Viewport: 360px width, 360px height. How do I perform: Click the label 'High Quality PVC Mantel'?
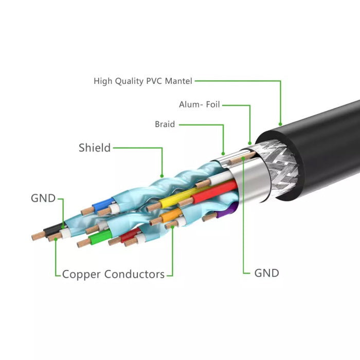click(143, 81)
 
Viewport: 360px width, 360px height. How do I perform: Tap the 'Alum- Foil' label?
click(199, 105)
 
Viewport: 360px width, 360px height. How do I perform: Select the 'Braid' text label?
click(165, 124)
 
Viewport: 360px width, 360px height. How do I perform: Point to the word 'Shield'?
click(95, 148)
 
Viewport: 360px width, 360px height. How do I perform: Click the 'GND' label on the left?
click(43, 198)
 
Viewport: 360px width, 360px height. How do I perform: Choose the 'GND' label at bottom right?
click(266, 273)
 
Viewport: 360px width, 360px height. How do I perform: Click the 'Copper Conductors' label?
click(113, 274)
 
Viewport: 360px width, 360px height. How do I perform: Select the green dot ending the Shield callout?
click(163, 175)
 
